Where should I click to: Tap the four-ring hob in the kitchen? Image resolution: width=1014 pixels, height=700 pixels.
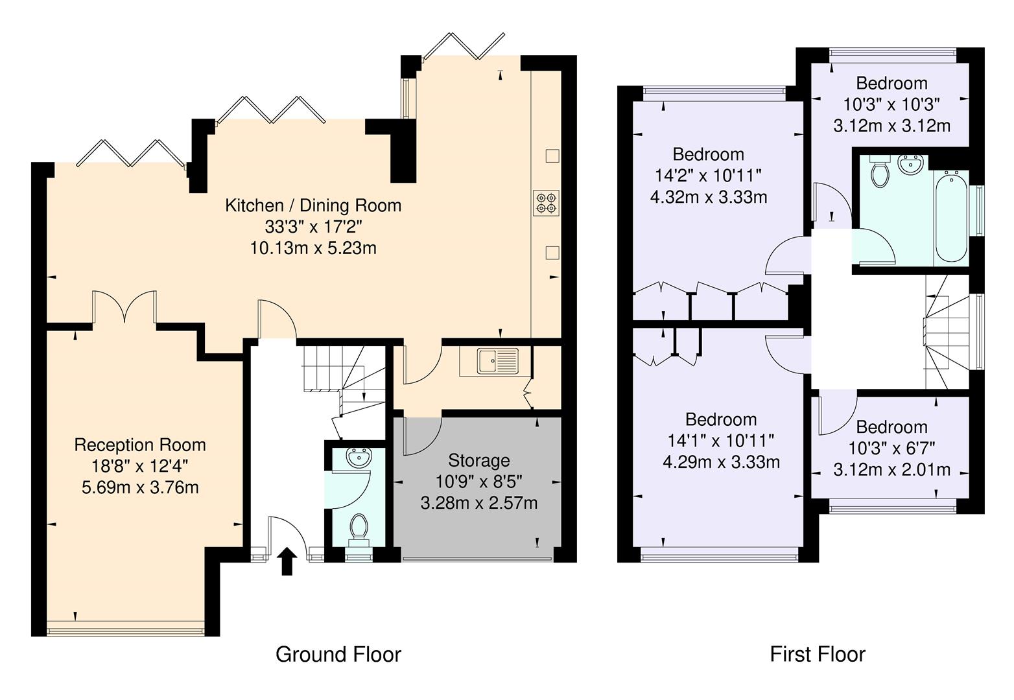(546, 202)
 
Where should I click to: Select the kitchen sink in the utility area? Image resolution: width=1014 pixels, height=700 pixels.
(498, 360)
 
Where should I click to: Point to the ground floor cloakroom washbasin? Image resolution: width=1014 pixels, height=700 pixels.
(359, 458)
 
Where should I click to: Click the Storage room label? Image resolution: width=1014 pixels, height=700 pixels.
(479, 461)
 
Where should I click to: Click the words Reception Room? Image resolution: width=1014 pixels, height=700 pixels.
(140, 445)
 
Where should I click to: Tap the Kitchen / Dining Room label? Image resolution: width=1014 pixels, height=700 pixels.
(313, 206)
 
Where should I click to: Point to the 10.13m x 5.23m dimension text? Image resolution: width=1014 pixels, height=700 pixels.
(313, 248)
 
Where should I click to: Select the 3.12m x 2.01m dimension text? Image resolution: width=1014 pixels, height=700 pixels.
(891, 469)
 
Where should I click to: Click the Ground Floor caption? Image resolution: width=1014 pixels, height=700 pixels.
(338, 655)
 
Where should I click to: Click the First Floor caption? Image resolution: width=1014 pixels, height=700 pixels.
(817, 655)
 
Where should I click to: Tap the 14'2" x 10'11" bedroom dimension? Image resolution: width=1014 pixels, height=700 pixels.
(708, 176)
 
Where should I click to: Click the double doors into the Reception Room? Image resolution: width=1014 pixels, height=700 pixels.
(124, 307)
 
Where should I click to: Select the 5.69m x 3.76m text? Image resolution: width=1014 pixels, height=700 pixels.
(140, 487)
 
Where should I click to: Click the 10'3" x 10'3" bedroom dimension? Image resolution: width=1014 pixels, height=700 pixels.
(891, 104)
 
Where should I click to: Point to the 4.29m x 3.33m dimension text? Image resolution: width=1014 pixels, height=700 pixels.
(721, 462)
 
